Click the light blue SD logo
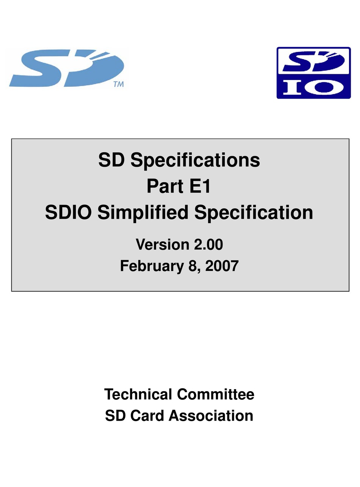tap(66, 68)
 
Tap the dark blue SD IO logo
tap(313, 73)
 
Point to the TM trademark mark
tap(118, 85)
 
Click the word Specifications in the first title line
tap(195, 161)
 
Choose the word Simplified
tap(142, 213)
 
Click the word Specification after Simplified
tap(254, 213)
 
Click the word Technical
tap(138, 394)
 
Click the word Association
tap(211, 416)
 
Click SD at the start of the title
tap(112, 161)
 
